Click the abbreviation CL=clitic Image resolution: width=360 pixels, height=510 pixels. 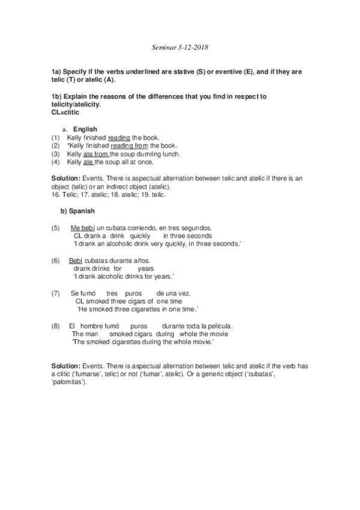click(x=65, y=112)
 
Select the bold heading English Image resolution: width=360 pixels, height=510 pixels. click(x=85, y=129)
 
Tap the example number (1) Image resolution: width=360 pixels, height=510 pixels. click(x=56, y=138)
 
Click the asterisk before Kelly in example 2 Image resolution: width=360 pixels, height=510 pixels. click(x=69, y=146)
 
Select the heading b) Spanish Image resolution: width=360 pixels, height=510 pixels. click(x=75, y=212)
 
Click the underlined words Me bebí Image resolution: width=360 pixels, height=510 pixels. click(x=83, y=229)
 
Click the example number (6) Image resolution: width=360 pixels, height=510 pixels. click(x=56, y=260)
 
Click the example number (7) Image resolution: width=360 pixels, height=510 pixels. click(x=56, y=293)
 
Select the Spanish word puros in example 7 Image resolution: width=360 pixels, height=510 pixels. click(x=133, y=293)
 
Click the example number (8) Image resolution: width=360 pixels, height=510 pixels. click(x=56, y=325)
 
